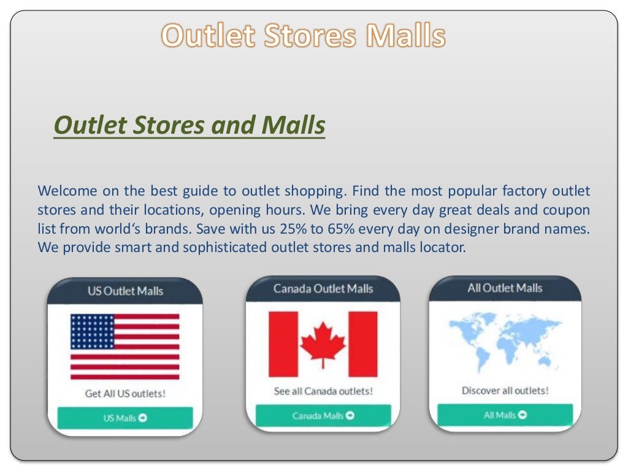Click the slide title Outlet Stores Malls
303,36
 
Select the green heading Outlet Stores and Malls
189,126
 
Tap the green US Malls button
125,418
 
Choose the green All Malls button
505,415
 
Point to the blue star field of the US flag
92,332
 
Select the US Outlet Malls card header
125,291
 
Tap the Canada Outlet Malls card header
323,289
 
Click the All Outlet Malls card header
505,288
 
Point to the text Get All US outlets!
125,394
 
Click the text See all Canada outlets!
323,391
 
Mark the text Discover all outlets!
505,390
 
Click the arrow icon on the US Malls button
143,418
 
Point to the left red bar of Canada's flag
283,344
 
